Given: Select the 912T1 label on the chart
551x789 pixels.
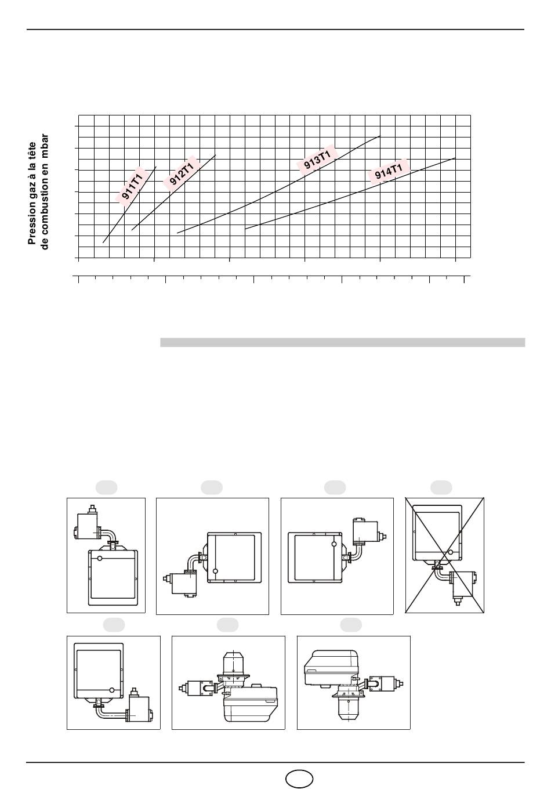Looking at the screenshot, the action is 182,173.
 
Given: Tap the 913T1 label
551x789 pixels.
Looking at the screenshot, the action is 317,160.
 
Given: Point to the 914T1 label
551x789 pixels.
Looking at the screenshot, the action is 389,171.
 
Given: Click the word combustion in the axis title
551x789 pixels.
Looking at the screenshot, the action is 44,207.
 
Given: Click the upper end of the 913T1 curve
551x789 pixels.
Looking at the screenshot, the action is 380,136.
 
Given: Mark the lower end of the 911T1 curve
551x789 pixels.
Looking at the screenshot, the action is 103,243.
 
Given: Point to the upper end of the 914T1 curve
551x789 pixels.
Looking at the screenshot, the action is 455,158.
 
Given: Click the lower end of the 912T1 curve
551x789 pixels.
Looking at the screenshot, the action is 132,230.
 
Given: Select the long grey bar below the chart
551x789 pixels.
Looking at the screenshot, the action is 343,342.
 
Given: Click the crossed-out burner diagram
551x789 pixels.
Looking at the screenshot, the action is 445,555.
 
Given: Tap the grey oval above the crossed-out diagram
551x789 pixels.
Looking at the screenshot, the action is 441,488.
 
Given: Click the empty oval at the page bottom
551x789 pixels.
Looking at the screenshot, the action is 299,778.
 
